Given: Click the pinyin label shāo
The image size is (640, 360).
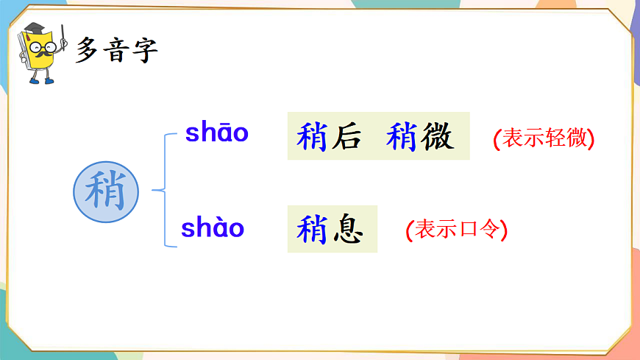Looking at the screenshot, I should (x=216, y=133).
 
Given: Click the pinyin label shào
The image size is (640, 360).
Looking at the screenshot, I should (x=213, y=228).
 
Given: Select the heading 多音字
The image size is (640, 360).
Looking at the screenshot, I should (x=117, y=50).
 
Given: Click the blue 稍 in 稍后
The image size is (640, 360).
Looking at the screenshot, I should (x=311, y=137).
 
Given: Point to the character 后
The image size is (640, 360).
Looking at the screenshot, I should (x=346, y=137).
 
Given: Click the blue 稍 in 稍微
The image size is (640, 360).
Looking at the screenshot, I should (x=402, y=137).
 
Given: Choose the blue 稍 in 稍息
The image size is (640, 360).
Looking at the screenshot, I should (x=311, y=229).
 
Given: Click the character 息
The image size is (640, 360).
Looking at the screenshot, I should (x=347, y=229).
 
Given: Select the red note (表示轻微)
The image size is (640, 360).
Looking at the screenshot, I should (x=544, y=138).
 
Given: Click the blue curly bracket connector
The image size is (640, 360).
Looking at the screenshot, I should (x=164, y=191).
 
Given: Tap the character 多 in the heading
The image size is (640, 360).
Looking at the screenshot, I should (x=88, y=50).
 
